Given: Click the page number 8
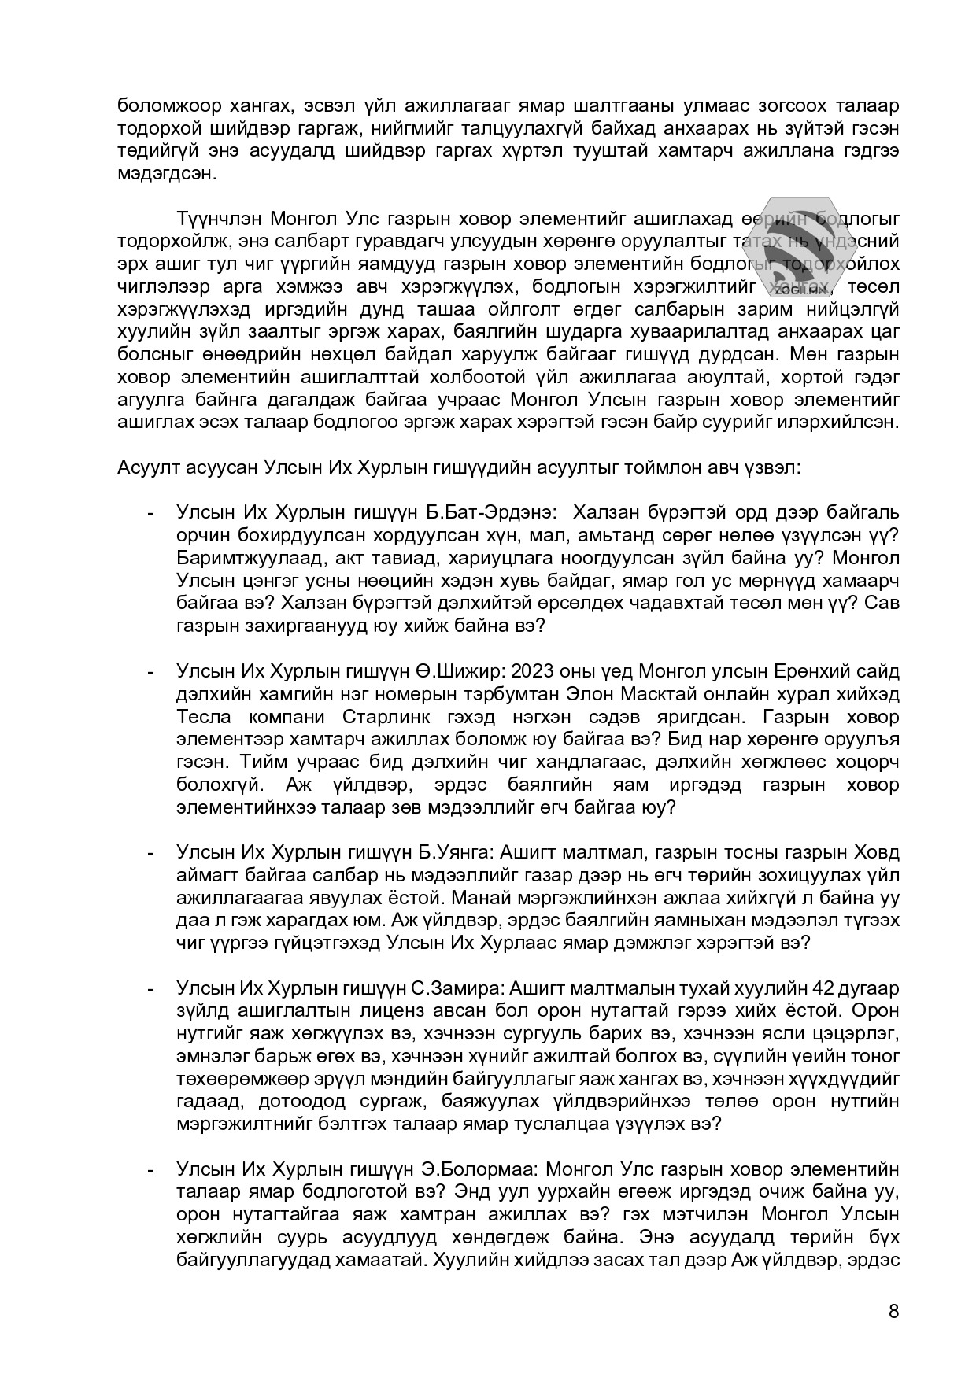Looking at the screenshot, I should click(x=893, y=1311).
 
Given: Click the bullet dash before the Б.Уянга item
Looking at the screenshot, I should click(x=150, y=853).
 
